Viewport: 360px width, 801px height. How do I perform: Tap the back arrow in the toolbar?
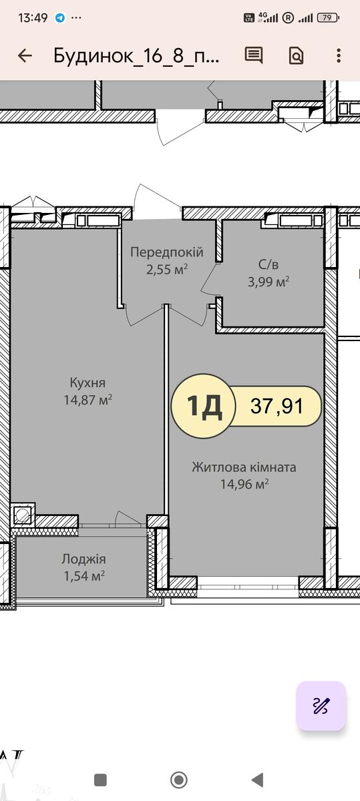pyautogui.click(x=25, y=56)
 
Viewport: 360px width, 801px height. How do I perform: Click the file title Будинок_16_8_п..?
pyautogui.click(x=136, y=56)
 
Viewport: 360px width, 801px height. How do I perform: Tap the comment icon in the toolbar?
pyautogui.click(x=254, y=55)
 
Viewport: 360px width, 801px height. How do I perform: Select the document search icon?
pyautogui.click(x=296, y=56)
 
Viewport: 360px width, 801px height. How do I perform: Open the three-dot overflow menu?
pyautogui.click(x=339, y=56)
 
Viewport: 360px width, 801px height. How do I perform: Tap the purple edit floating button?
pyautogui.click(x=321, y=706)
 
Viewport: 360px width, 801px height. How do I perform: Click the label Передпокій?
pyautogui.click(x=167, y=252)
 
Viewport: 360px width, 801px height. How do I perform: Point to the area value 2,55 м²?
pyautogui.click(x=167, y=269)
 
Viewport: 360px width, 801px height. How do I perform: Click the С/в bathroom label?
pyautogui.click(x=268, y=264)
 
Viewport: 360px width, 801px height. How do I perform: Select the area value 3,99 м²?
pyautogui.click(x=268, y=282)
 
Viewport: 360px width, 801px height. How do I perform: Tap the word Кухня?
pyautogui.click(x=87, y=382)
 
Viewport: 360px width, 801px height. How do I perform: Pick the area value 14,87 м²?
pyautogui.click(x=87, y=400)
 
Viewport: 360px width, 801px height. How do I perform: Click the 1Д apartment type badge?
pyautogui.click(x=204, y=406)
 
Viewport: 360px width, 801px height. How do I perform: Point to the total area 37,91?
pyautogui.click(x=277, y=406)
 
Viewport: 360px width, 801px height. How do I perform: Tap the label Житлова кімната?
pyautogui.click(x=244, y=467)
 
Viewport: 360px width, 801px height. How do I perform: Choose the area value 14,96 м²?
pyautogui.click(x=244, y=484)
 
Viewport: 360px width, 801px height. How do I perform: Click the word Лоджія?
pyautogui.click(x=83, y=559)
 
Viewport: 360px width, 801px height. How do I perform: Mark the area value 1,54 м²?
pyautogui.click(x=83, y=576)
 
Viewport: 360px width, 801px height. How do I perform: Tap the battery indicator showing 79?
pyautogui.click(x=328, y=17)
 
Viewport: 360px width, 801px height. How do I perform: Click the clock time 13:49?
pyautogui.click(x=33, y=17)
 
